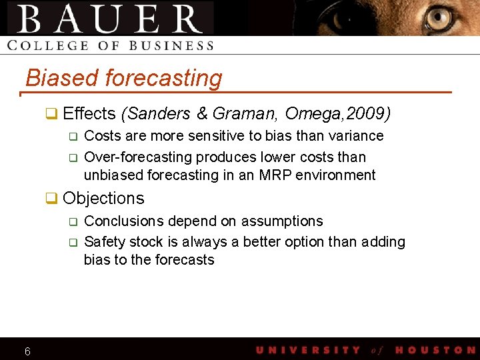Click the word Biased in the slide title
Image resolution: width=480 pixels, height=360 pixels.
point(63,78)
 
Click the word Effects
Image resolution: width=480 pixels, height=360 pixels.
point(89,113)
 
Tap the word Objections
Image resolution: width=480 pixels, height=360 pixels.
point(103,199)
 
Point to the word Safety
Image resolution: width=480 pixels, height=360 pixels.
point(103,241)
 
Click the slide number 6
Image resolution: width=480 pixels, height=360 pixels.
point(27,351)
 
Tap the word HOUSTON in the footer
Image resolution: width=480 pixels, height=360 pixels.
point(435,350)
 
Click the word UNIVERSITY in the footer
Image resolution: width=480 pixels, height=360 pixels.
point(307,350)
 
